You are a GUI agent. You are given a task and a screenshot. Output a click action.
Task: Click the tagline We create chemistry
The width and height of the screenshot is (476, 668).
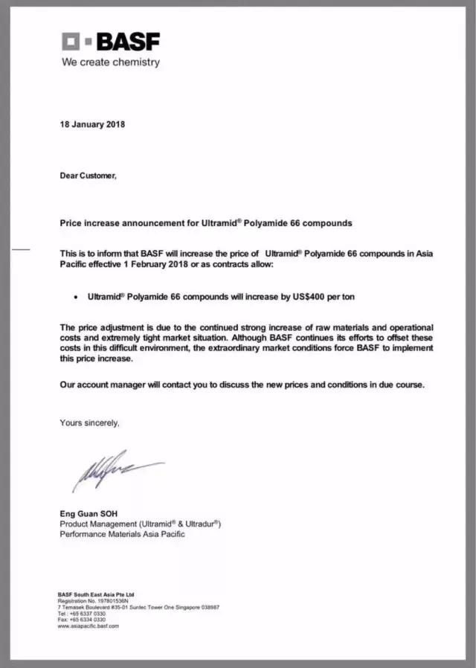(110, 62)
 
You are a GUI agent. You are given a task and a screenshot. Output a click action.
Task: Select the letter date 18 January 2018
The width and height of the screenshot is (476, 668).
(92, 124)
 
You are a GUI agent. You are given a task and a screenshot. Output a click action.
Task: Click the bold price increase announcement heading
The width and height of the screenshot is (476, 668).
(206, 223)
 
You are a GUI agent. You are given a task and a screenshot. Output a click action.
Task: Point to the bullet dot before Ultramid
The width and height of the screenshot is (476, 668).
(77, 298)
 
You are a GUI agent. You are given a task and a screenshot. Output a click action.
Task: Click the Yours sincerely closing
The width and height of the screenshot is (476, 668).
(89, 423)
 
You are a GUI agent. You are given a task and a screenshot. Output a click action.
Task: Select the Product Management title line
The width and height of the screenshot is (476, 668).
(141, 524)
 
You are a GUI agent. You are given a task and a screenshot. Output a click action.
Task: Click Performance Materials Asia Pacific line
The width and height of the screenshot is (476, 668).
(123, 534)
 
